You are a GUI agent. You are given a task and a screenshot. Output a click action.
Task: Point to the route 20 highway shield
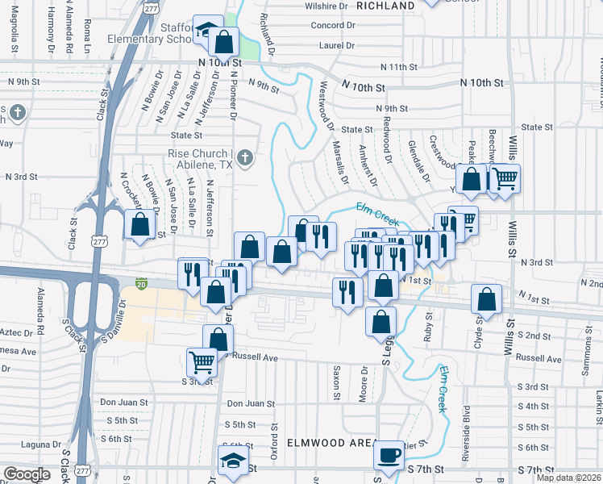pos(142,284)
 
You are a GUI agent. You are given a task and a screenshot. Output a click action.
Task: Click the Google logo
pos(27,474)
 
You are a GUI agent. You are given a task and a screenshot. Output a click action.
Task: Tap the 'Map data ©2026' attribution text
pos(568,478)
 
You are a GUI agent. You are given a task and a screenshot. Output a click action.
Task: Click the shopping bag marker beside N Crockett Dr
pos(139,225)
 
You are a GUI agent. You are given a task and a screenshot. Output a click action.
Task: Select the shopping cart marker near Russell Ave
pos(202,362)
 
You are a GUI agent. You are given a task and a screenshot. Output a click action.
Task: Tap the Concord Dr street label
pos(333,26)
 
